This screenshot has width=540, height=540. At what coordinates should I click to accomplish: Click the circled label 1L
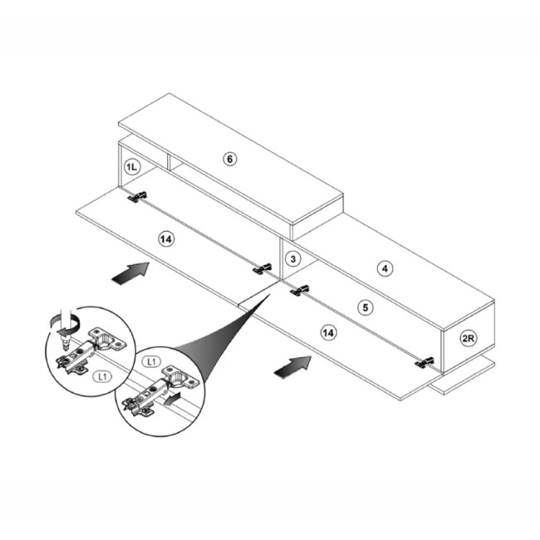[131, 167]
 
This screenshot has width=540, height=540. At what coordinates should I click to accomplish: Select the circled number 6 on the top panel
[229, 159]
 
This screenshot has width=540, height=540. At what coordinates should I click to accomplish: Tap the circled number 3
[292, 258]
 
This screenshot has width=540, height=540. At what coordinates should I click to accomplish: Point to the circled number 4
[385, 268]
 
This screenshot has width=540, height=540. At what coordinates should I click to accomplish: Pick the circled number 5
[366, 307]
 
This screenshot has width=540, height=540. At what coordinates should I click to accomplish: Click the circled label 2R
[469, 338]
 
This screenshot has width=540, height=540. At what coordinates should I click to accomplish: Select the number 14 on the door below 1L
[166, 238]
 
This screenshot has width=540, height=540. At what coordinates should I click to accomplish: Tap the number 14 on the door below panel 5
[328, 332]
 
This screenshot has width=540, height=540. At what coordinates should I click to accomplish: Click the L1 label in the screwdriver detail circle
[102, 377]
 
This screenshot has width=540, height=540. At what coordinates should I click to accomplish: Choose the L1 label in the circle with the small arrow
[151, 361]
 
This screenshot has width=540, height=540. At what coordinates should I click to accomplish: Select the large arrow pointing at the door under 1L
[130, 272]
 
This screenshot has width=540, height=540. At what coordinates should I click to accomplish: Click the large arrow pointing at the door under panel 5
[292, 366]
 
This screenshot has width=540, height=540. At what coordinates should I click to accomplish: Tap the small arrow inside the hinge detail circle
[172, 400]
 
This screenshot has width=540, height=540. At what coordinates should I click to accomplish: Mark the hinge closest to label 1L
[138, 197]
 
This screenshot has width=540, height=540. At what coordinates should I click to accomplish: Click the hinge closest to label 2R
[424, 362]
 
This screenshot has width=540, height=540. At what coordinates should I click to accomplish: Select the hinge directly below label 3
[300, 291]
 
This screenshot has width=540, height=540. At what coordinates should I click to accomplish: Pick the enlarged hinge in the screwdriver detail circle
[91, 351]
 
